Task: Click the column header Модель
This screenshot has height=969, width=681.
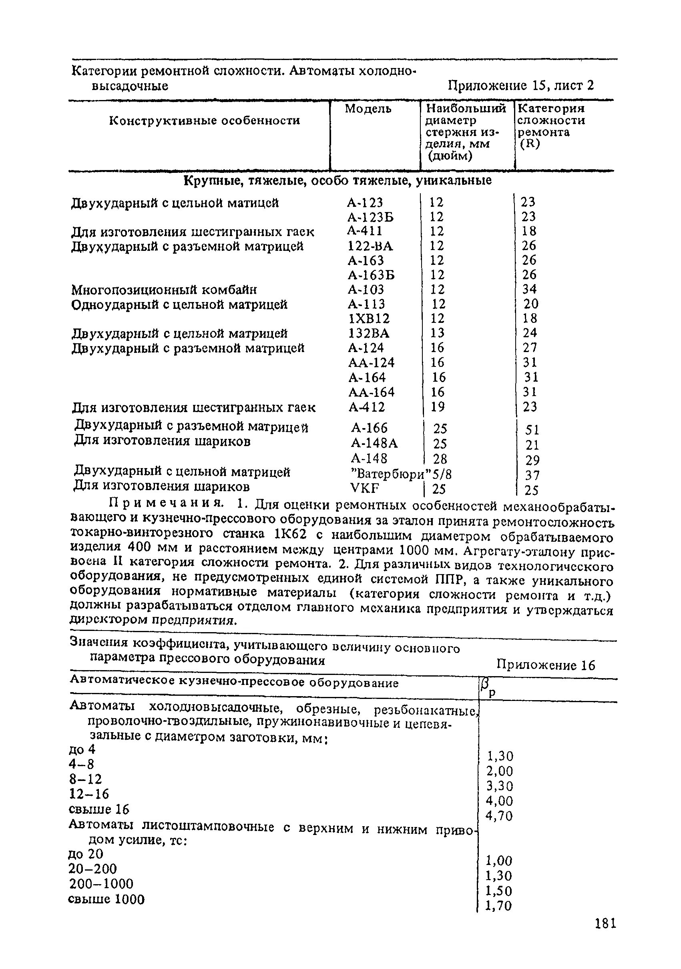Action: click(368, 109)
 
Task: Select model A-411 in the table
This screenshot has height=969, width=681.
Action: click(365, 231)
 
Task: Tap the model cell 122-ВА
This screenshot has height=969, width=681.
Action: click(370, 246)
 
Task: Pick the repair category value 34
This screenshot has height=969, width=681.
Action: click(529, 289)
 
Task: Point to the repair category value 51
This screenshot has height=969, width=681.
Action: click(532, 430)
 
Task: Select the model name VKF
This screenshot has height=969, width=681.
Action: click(365, 488)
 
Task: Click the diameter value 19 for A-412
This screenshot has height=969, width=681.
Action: click(438, 407)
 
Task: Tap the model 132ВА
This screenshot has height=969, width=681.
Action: click(369, 333)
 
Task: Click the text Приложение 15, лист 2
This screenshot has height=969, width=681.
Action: click(520, 86)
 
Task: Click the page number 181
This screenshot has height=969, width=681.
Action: click(605, 924)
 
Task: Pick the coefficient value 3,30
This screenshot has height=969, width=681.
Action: click(500, 786)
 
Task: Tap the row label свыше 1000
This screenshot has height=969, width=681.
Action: click(106, 899)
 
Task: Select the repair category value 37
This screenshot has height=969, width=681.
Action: click(532, 476)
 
